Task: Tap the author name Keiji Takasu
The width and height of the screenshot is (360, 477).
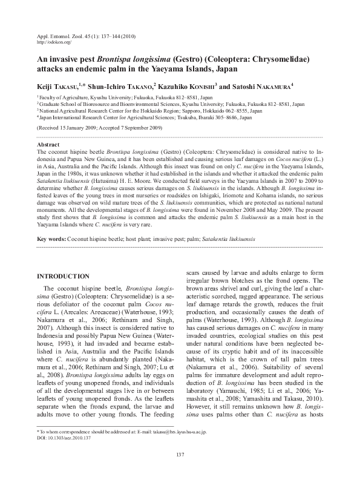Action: [58, 87]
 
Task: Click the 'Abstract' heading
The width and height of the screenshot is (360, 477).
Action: [48, 145]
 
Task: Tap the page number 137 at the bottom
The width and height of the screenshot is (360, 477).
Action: [180, 455]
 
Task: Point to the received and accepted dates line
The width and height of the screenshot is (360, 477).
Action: [99, 129]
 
